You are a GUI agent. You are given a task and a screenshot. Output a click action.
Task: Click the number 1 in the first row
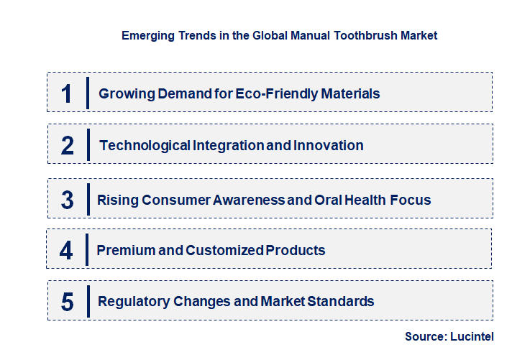(x=67, y=93)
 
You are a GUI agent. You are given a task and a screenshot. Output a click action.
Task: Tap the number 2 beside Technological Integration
(x=68, y=146)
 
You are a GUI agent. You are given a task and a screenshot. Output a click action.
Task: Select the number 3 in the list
(x=67, y=200)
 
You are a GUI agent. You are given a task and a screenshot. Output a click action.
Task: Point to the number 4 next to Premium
(x=66, y=251)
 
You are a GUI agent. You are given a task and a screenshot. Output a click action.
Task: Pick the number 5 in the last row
(x=67, y=302)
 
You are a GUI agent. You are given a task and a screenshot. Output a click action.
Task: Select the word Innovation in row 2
(x=328, y=145)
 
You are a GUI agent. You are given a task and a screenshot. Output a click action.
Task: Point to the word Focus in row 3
(x=412, y=200)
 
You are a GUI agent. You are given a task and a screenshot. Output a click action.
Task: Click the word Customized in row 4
(x=224, y=250)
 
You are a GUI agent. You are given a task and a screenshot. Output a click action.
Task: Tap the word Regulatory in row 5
(x=134, y=301)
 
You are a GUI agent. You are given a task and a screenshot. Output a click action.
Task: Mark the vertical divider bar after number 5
(x=87, y=300)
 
